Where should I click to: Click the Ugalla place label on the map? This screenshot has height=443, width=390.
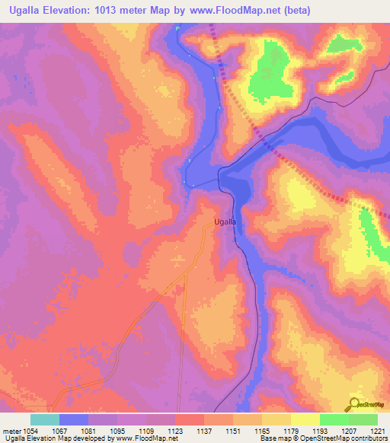tap(223, 221)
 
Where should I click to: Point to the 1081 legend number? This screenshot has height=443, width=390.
tap(88, 430)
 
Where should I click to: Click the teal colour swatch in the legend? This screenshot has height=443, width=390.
tap(44, 419)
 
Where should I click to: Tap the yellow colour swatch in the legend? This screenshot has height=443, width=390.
tap(305, 419)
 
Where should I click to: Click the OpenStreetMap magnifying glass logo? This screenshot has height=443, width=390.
tap(354, 403)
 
